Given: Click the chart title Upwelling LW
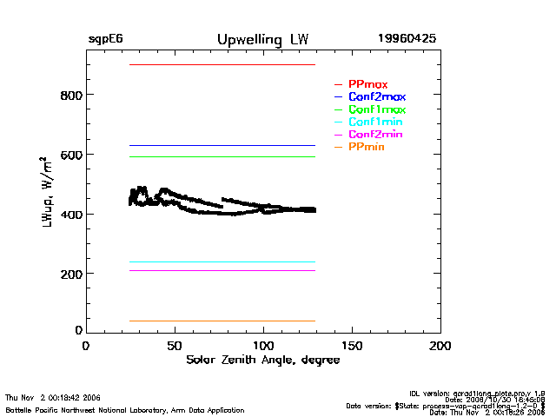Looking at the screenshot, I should (x=261, y=40).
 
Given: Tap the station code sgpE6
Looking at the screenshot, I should (x=105, y=40).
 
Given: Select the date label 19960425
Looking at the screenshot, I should (x=407, y=40).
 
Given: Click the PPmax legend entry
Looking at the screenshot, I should (x=367, y=84).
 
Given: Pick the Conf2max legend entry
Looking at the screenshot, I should (x=376, y=97).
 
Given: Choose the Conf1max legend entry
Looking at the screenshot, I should (x=376, y=110).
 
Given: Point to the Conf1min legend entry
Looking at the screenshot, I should (x=375, y=122).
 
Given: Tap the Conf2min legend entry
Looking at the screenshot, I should (x=375, y=136).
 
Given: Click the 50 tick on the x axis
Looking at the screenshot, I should (x=175, y=346).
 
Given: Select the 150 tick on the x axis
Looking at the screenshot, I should (x=352, y=346).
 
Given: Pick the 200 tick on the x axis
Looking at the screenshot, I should (x=440, y=346).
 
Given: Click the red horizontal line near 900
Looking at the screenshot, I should (x=222, y=65).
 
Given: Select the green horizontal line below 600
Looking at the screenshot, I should (x=222, y=157).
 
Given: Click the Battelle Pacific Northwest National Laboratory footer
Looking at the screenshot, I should (x=125, y=410).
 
